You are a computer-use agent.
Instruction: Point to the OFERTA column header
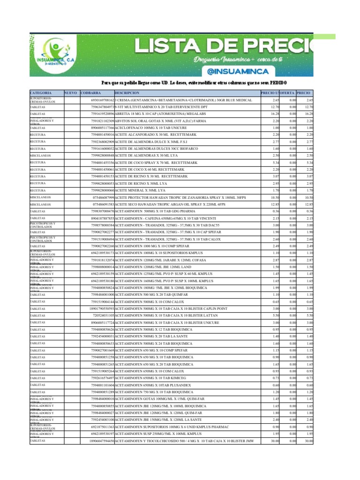click(x=288, y=93)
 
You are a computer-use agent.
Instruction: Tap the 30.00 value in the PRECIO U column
click(x=274, y=441)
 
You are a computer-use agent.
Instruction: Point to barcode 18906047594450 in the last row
click(x=98, y=441)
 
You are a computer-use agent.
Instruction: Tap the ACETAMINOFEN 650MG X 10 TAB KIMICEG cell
click(x=150, y=378)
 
